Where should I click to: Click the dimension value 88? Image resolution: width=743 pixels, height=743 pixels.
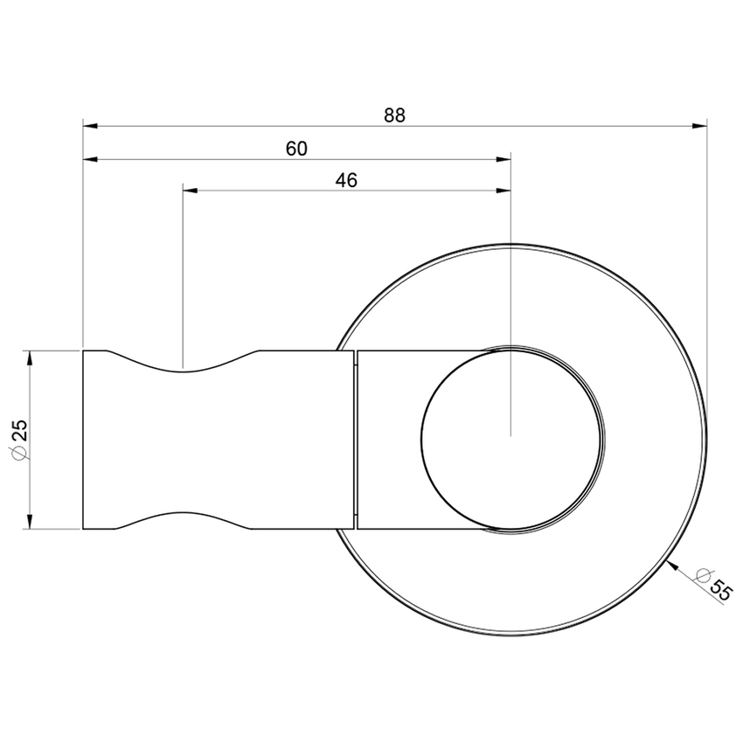click(x=394, y=115)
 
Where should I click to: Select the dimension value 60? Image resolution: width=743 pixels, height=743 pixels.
click(x=296, y=149)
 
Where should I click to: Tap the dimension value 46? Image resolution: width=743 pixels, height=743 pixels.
click(x=346, y=180)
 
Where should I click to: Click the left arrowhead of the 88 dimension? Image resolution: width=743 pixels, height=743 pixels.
click(x=90, y=126)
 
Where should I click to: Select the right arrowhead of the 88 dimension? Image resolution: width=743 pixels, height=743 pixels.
click(x=699, y=126)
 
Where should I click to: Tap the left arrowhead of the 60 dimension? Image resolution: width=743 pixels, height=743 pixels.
click(x=90, y=159)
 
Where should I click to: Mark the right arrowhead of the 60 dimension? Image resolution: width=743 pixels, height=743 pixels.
click(x=503, y=159)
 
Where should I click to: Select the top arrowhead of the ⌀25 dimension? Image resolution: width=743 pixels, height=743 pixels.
click(x=30, y=358)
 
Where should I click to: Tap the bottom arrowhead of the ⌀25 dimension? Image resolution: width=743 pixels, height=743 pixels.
click(x=30, y=522)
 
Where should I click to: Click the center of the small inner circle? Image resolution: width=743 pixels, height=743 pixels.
click(x=511, y=437)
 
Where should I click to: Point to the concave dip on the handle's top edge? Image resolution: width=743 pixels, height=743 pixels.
click(x=183, y=368)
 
